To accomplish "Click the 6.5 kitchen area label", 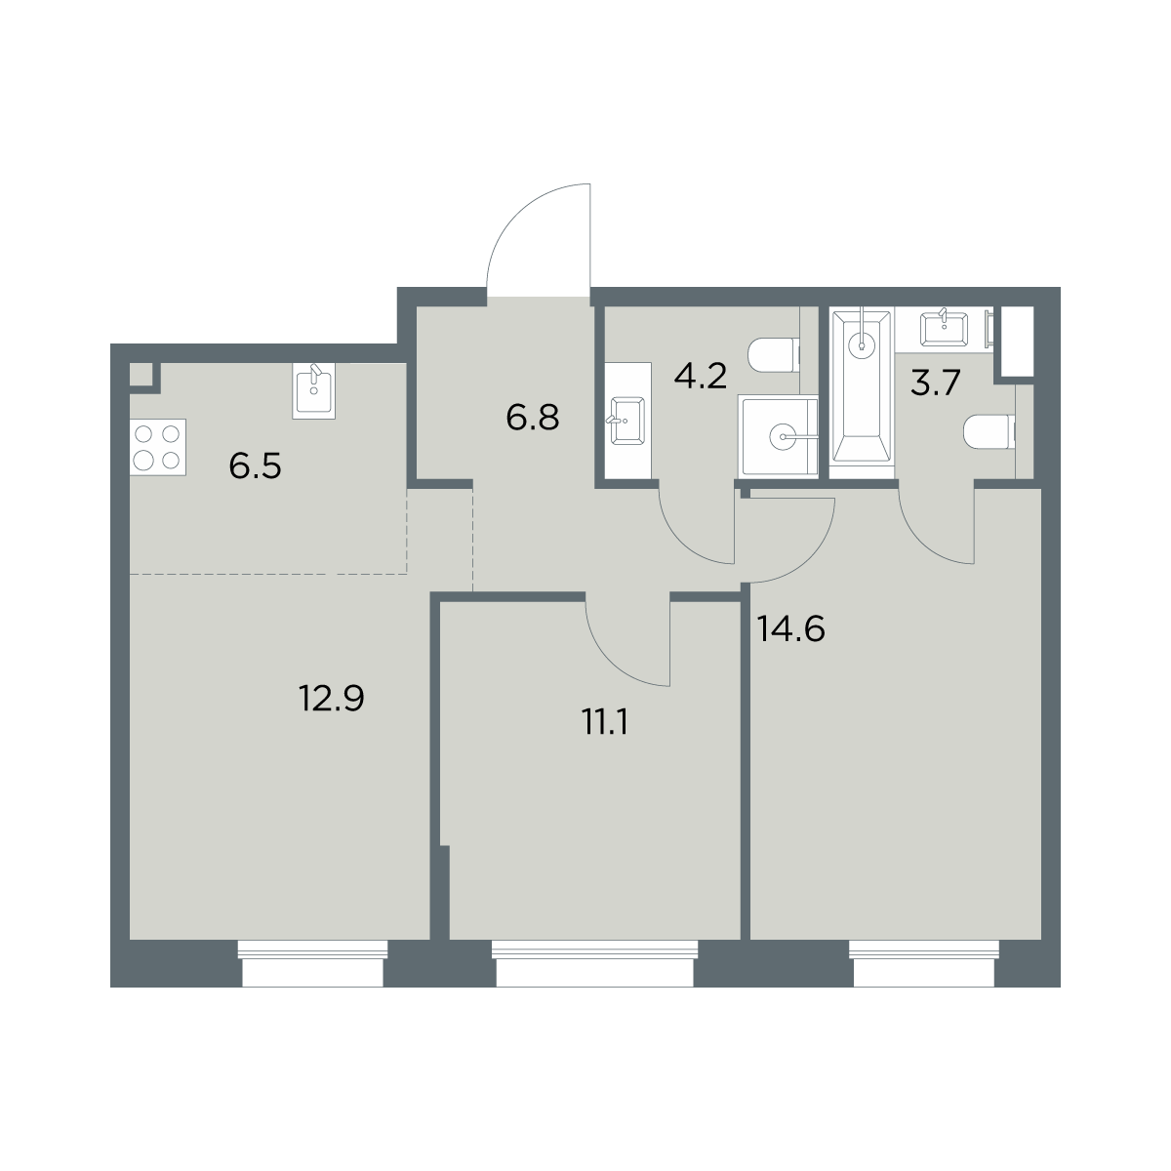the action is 256,466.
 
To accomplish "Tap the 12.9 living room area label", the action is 331,699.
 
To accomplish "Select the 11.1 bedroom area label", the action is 605,723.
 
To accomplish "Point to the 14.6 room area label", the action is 790,629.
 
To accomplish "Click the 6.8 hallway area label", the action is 533,418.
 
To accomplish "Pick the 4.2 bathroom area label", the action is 700,377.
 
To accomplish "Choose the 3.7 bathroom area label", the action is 935,384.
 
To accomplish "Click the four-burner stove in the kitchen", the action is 158,447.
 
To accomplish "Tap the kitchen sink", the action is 313,390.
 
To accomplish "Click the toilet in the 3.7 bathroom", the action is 989,431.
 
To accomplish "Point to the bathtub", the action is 862,394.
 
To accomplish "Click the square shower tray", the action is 779,435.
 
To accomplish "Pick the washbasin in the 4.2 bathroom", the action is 628,420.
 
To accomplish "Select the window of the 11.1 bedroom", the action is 594,963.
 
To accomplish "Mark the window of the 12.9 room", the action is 312,963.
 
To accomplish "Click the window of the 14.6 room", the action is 924,963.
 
